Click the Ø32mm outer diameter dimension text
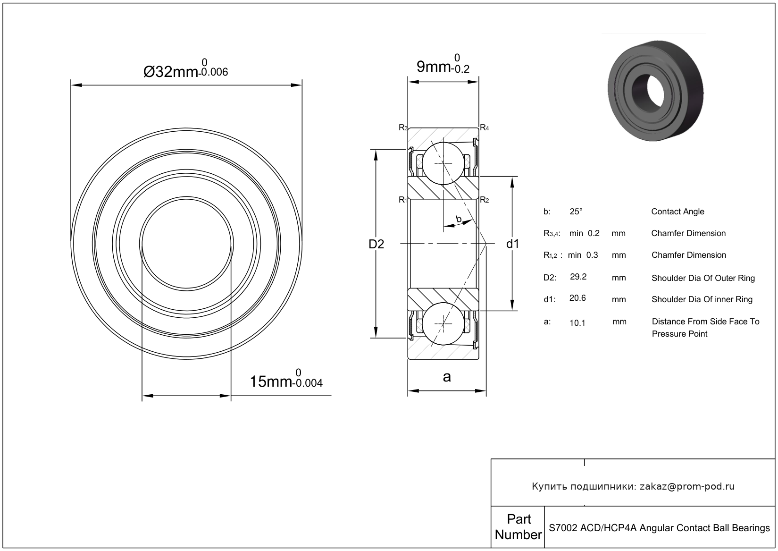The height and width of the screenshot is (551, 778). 185,71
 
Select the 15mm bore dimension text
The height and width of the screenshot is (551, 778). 285,381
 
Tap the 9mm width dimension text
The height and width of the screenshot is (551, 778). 443,67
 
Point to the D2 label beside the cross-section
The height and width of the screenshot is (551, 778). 376,244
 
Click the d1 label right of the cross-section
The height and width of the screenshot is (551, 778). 512,244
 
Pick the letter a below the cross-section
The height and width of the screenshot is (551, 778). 446,377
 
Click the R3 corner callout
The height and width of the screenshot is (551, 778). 403,127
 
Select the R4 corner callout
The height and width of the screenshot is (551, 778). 484,127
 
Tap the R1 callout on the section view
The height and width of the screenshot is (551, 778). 402,200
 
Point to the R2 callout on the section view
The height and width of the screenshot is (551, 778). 484,200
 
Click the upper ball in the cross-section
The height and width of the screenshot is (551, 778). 443,163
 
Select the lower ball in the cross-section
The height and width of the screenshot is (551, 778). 443,324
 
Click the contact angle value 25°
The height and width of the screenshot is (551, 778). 576,212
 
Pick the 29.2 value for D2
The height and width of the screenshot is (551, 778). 578,277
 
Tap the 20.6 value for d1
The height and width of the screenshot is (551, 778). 577,298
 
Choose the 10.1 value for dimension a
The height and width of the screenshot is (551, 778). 577,323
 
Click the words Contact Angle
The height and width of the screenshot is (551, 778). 678,212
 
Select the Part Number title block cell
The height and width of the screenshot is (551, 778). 518,527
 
